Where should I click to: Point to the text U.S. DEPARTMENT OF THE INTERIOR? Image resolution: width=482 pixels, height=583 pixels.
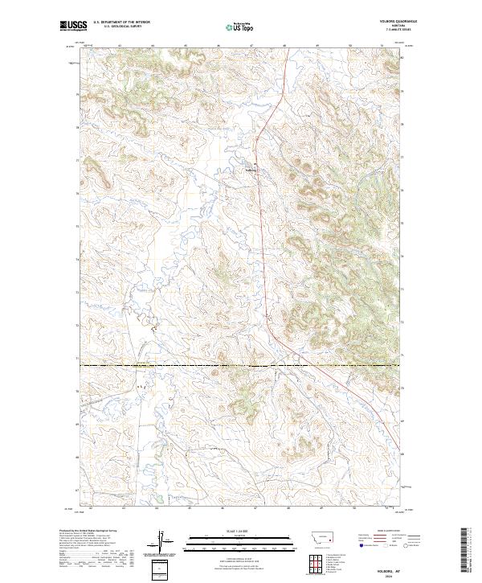(x=122, y=23)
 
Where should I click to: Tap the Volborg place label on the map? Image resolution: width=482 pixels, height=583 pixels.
(x=251, y=169)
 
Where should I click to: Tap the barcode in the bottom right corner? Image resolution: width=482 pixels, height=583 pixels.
(x=468, y=554)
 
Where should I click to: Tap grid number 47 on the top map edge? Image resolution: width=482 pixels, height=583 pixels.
(x=253, y=46)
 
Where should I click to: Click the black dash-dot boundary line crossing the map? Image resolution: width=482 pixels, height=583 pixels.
(x=241, y=366)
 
